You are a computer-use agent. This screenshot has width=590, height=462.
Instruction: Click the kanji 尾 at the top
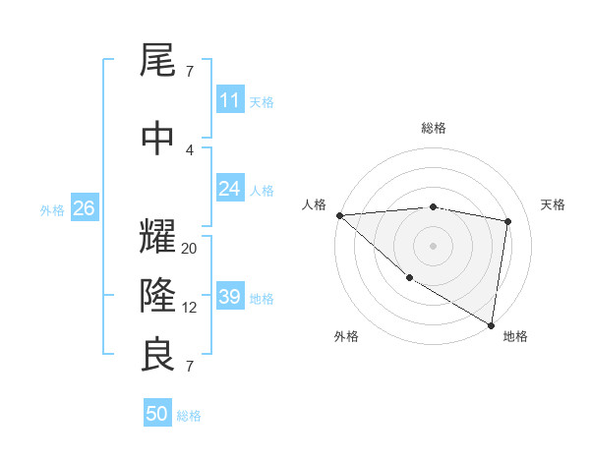point(158,62)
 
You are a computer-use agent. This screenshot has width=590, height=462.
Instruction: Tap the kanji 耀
point(158,237)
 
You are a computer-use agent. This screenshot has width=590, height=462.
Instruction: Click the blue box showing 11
point(229,100)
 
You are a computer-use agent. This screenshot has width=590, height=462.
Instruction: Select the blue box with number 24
point(229,189)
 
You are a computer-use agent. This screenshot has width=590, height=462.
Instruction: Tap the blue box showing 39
point(229,297)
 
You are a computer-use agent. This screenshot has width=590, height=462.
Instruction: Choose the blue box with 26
point(84,208)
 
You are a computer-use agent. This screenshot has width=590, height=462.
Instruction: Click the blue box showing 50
point(157,414)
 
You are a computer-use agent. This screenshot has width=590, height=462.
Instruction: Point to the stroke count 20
point(190,249)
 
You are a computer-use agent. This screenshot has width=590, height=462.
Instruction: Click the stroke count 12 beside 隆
point(190,307)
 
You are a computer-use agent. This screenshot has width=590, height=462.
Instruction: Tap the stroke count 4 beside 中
point(190,150)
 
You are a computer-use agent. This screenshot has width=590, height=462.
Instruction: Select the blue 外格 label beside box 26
point(52,209)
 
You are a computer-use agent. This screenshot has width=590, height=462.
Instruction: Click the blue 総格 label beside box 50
point(189,415)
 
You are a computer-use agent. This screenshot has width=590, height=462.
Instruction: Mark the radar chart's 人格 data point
point(339,215)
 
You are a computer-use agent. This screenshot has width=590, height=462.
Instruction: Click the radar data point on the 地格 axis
point(491,324)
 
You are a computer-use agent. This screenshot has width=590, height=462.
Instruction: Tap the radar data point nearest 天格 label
point(508,221)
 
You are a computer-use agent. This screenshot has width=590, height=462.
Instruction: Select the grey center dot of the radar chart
point(433,245)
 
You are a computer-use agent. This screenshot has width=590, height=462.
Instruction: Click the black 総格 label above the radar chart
point(433,128)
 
